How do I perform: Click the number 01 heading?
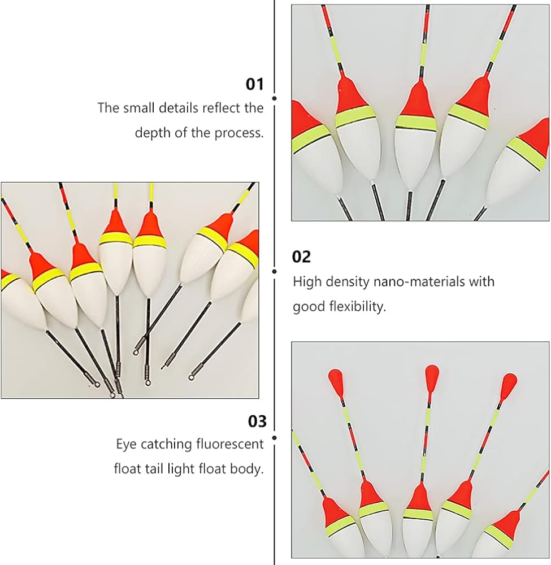[254, 84]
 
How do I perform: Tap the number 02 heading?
[301, 257]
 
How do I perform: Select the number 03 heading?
[257, 421]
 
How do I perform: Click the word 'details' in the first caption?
[179, 108]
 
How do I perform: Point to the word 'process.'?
[239, 133]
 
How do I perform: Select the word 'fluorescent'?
[230, 444]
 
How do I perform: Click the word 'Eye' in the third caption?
[126, 445]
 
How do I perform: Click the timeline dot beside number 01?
[275, 98]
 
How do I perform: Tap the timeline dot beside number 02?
[275, 271]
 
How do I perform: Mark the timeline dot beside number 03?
[275, 438]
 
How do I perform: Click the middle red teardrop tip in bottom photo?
[431, 376]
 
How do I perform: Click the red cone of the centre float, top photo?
[417, 102]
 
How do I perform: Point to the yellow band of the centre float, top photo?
[416, 123]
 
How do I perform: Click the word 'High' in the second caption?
[307, 281]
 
